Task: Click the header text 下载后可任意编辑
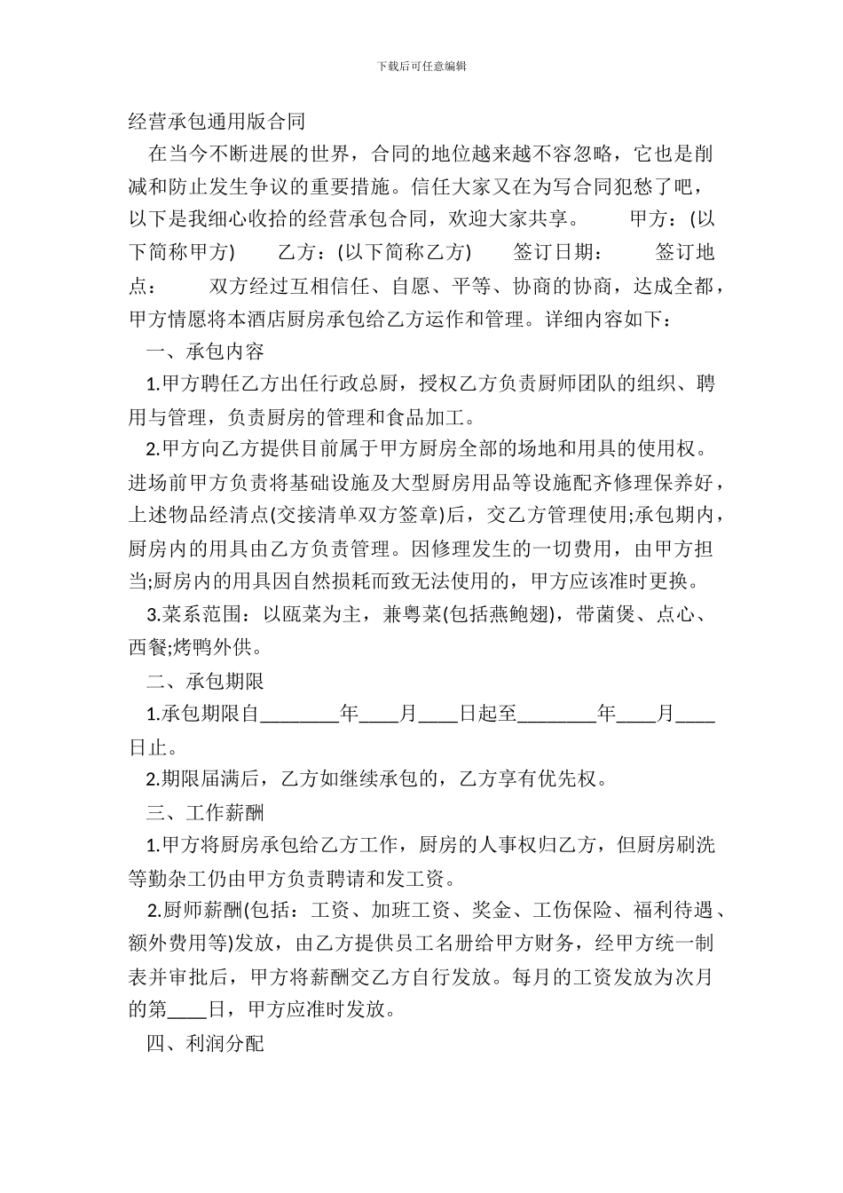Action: (421, 66)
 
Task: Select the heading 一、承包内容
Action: (205, 352)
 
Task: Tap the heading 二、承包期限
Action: (205, 681)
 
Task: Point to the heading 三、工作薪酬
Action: (205, 812)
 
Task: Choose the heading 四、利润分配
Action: (205, 1043)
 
